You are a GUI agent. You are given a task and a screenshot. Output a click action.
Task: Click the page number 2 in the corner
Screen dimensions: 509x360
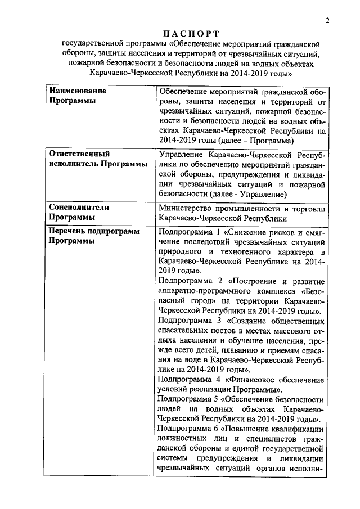tap(326, 21)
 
